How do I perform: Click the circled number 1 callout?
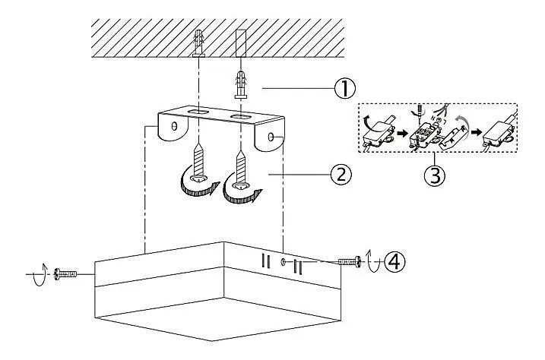(x=345, y=89)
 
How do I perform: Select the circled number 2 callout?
(x=341, y=175)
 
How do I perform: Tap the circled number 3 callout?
(x=435, y=175)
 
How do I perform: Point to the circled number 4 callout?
(x=394, y=262)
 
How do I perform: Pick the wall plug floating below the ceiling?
(x=241, y=85)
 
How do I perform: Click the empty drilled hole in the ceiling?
(x=241, y=43)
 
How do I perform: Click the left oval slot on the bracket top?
(x=199, y=112)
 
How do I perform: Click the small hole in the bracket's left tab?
(x=174, y=126)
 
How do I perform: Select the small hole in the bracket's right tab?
(x=271, y=137)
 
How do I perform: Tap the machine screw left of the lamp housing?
(x=65, y=274)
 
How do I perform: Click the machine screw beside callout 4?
(x=350, y=262)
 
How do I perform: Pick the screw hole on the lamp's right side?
(x=284, y=262)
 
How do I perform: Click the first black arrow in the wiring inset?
(x=403, y=134)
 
